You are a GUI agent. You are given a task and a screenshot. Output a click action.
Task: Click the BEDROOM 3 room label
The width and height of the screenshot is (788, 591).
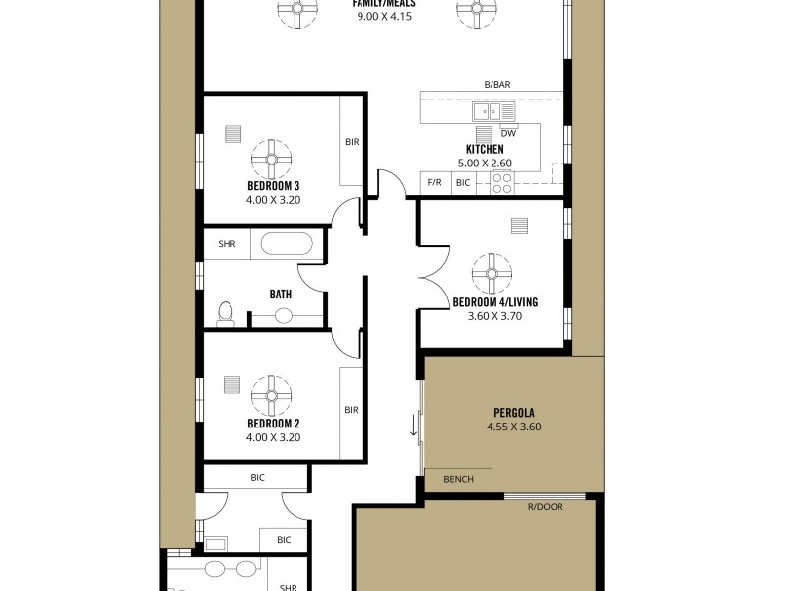[x=273, y=185]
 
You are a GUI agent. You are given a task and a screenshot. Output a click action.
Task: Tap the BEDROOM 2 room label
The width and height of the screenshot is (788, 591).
[x=273, y=424]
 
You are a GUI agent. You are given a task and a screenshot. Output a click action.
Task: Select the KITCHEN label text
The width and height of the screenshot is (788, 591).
[x=485, y=150]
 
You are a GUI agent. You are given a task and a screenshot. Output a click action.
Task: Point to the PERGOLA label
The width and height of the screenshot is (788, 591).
[x=514, y=413]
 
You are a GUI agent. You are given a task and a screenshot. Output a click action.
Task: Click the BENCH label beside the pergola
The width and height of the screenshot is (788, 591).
[x=458, y=480]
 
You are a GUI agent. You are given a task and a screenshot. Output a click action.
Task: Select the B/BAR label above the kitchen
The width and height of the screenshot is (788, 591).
[x=495, y=86]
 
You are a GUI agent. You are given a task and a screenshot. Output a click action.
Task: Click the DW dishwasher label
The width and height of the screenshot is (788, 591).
[x=508, y=133]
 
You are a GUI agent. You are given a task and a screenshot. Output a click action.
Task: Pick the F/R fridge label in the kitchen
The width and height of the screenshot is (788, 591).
[x=433, y=183]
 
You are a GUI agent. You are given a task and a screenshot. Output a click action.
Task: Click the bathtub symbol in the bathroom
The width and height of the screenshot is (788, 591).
[x=287, y=243]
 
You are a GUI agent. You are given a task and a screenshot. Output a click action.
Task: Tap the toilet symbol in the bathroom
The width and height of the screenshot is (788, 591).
[x=225, y=313]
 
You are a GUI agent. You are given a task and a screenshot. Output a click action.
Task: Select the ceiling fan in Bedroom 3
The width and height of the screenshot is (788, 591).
[x=271, y=157]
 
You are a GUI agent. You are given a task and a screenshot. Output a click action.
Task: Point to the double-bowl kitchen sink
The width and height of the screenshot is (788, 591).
[x=485, y=111]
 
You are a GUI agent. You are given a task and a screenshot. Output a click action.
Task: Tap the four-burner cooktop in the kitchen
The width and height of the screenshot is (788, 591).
[x=502, y=183]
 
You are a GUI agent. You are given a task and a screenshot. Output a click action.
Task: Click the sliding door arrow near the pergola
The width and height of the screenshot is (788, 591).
[x=414, y=427]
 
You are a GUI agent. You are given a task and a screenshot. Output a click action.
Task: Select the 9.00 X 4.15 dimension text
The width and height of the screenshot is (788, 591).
[x=383, y=17]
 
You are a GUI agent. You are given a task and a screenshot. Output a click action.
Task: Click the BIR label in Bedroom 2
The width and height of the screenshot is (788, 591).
[x=351, y=410]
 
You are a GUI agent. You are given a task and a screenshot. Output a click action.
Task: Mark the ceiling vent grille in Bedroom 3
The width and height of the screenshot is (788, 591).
[x=233, y=135]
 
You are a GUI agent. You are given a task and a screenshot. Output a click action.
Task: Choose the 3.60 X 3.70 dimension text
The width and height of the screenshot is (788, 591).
[x=493, y=316]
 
